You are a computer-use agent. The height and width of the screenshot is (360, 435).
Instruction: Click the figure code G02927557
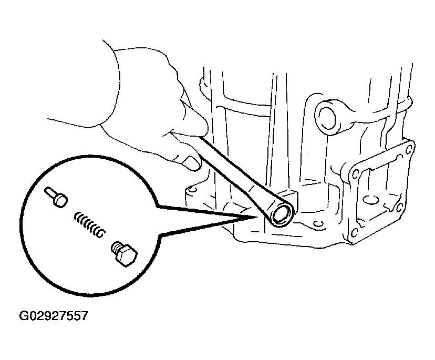pos(53,316)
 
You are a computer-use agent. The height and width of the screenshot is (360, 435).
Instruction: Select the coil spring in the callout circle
pos(89,224)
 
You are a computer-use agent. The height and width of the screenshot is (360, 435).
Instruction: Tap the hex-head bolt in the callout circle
pos(125,253)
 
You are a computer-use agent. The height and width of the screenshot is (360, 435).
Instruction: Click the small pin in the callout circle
pos(56,197)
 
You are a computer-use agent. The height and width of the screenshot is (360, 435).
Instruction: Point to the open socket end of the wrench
pos(282,214)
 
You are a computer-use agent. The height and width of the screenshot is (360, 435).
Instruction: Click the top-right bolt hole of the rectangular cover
pos(408,150)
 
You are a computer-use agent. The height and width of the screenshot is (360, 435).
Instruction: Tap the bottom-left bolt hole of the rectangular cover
pos(354,233)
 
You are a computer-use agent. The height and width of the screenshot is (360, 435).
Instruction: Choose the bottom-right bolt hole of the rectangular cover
pos(399,207)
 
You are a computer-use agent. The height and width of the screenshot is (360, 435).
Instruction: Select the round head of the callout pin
pos(61,200)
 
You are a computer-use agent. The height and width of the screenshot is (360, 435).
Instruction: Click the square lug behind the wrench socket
pos(290,196)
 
